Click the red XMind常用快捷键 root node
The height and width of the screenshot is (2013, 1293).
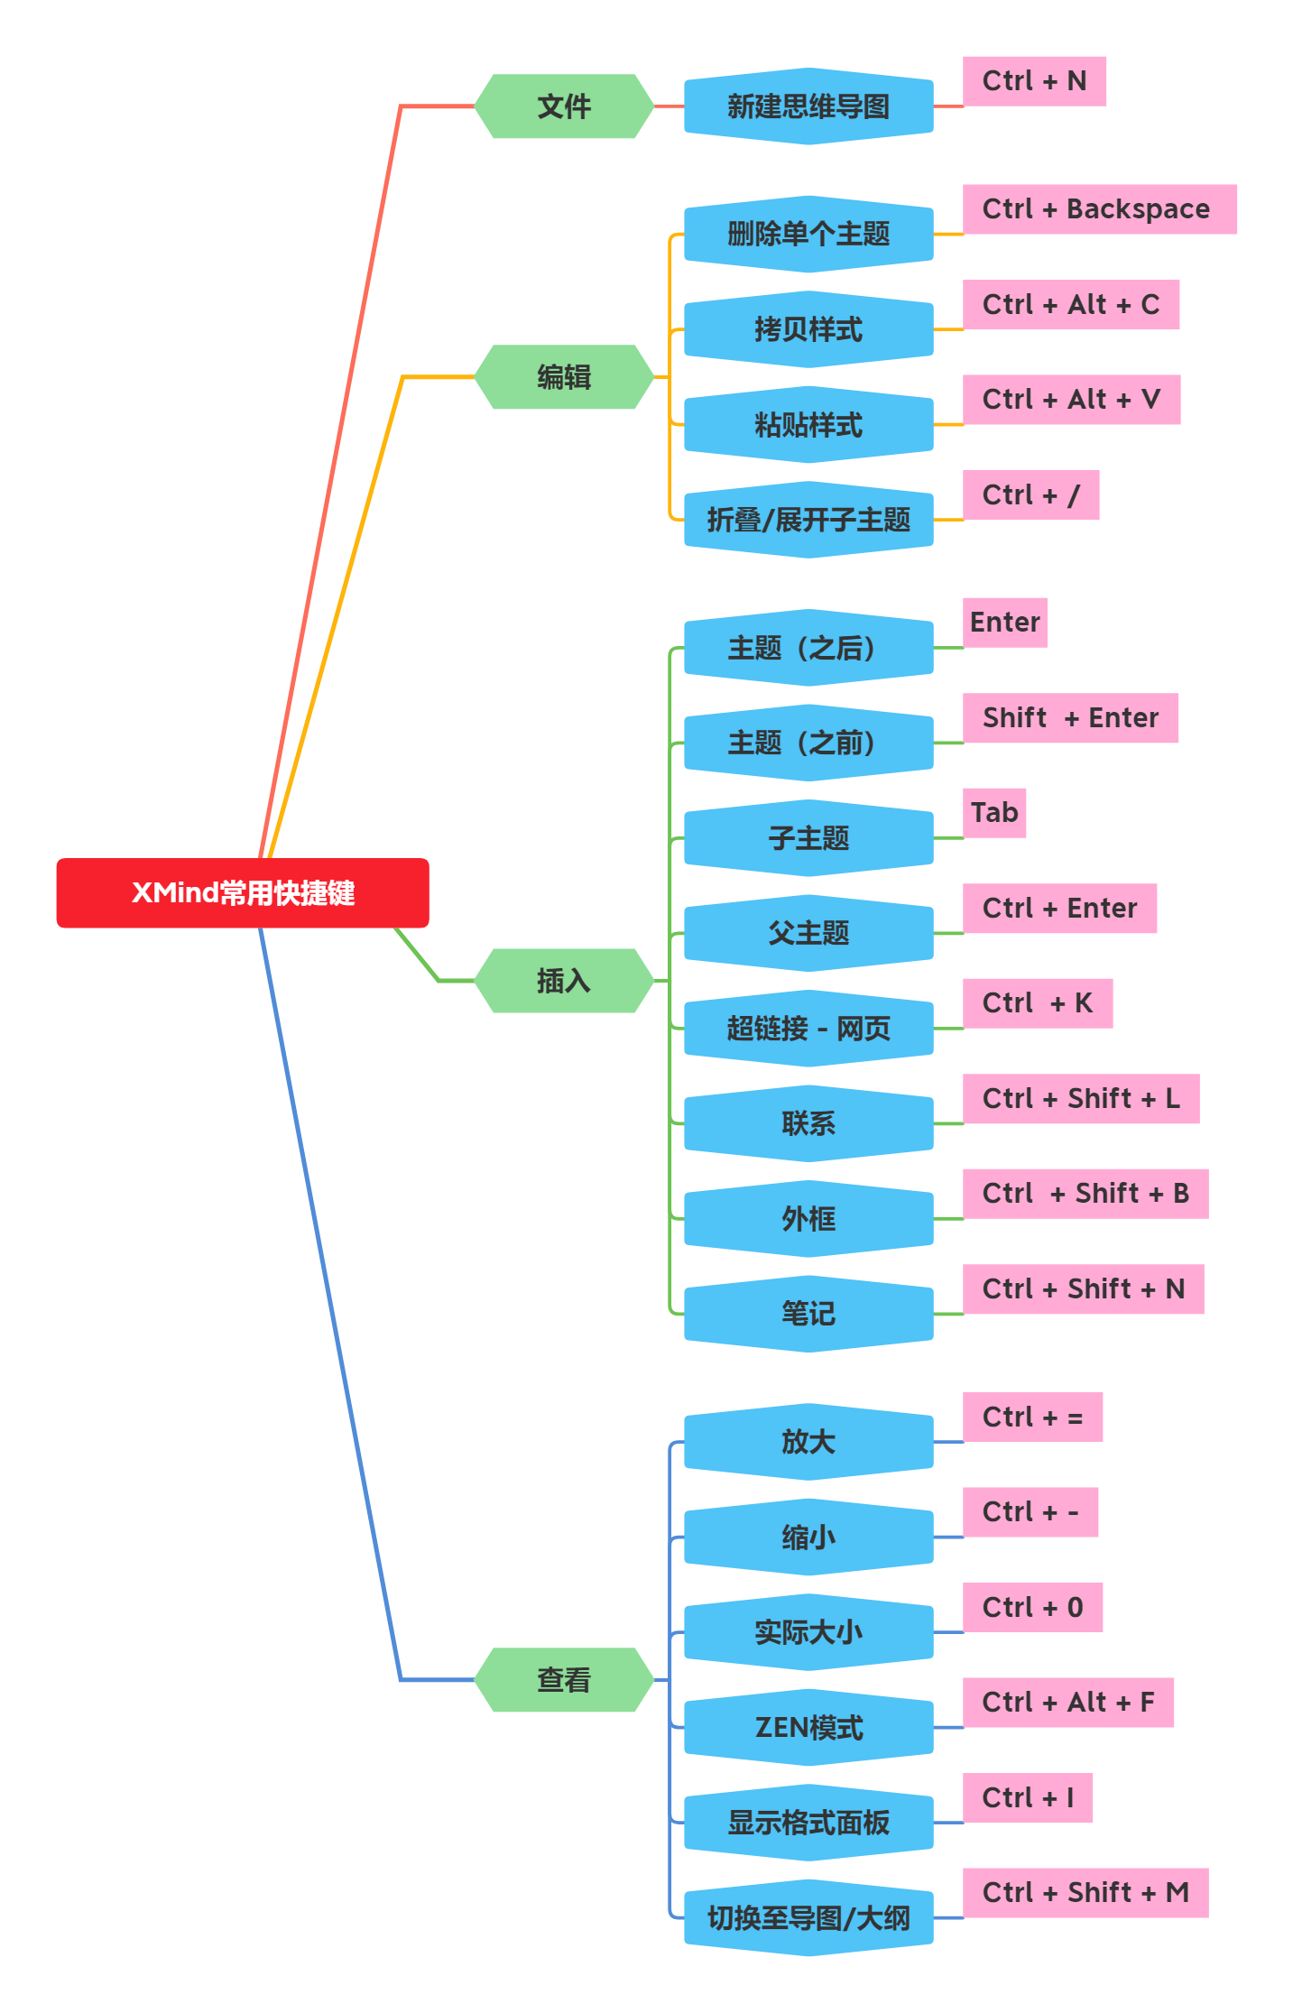pos(242,893)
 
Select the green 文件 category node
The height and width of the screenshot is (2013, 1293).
pos(564,106)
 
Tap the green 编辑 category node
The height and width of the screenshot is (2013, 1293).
pos(564,377)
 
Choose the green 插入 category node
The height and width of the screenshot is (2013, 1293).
pos(564,981)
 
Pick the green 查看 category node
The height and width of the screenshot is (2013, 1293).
pos(564,1680)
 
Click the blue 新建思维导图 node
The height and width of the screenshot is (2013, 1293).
pos(808,106)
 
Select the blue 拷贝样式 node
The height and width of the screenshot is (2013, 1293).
pos(808,329)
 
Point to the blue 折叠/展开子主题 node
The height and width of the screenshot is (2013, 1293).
pos(808,520)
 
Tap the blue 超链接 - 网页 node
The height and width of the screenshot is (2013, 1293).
pos(808,1029)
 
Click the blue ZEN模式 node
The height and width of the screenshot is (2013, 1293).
pos(808,1727)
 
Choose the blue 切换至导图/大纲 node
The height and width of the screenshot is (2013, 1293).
pos(808,1917)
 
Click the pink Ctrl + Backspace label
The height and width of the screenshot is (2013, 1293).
pos(1099,209)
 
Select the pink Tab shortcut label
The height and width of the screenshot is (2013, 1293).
pos(994,813)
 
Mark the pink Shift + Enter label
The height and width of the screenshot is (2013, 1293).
pos(1070,718)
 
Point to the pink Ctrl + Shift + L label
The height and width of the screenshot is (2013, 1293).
pos(1081,1099)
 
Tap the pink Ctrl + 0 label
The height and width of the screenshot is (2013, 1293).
pos(1032,1607)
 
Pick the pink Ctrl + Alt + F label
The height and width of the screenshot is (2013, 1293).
pos(1068,1703)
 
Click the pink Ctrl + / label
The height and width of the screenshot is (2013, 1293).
pos(1030,495)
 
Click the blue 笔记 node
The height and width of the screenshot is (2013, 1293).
pos(808,1314)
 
